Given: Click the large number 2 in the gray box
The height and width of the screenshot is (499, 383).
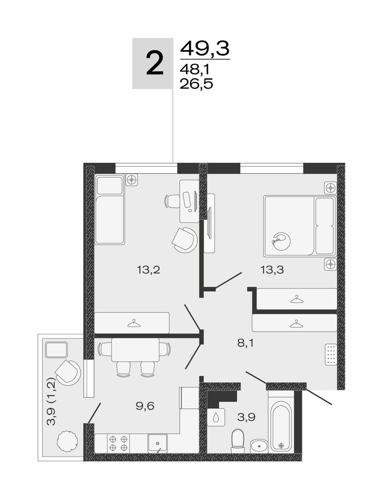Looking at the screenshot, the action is pyautogui.click(x=155, y=63).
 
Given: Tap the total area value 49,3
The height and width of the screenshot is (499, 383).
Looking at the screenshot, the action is pyautogui.click(x=205, y=49).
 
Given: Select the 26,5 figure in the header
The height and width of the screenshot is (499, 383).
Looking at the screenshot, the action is pyautogui.click(x=196, y=84).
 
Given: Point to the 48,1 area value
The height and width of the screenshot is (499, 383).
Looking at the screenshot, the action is pyautogui.click(x=195, y=69).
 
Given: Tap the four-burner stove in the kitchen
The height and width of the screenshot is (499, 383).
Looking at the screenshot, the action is pyautogui.click(x=118, y=443).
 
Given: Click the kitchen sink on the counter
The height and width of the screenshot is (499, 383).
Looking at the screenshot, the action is pyautogui.click(x=157, y=443).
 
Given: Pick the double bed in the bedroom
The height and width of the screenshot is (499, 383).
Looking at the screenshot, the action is pyautogui.click(x=300, y=226).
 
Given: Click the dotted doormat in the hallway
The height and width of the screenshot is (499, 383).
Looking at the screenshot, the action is pyautogui.click(x=331, y=354).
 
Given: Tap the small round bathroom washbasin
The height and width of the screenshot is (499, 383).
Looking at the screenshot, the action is pyautogui.click(x=259, y=446).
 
